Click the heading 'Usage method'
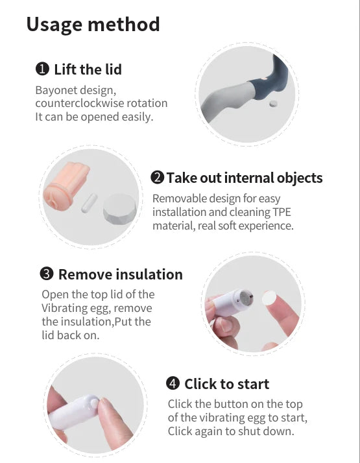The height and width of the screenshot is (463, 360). tap(93, 25)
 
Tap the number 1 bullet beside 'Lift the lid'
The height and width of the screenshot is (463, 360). tap(42, 69)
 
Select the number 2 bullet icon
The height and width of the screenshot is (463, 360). tap(157, 178)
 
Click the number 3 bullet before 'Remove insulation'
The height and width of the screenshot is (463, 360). tap(47, 274)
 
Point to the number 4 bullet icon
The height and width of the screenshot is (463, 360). tap(173, 383)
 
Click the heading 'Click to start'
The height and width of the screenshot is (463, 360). tap(227, 384)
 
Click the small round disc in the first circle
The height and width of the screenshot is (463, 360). tap(274, 104)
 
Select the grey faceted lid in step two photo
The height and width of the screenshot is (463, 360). tap(119, 208)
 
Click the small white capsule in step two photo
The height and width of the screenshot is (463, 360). tap(90, 203)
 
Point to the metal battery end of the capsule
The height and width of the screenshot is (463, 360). tap(246, 298)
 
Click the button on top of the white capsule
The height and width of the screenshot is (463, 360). tap(94, 403)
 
